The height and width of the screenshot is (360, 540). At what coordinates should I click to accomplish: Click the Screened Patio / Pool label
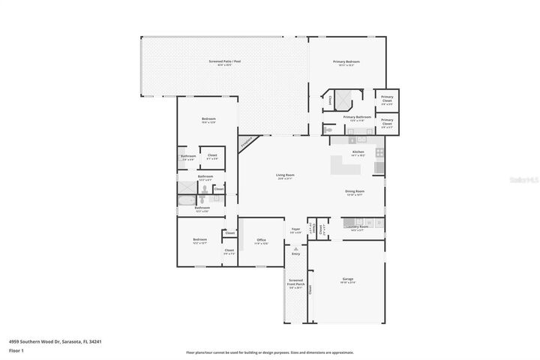point(224,61)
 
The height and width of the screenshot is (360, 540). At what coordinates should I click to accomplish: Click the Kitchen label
point(358,152)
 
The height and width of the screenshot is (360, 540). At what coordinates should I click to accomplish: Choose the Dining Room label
point(354,192)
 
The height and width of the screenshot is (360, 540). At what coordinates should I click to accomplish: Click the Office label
point(261,241)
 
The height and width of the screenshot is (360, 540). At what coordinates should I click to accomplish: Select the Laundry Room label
point(358,227)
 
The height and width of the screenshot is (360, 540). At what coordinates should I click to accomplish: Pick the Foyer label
point(295,230)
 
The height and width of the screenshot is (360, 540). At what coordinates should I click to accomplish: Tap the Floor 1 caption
point(16,350)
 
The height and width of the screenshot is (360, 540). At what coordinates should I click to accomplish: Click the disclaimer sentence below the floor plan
point(270,352)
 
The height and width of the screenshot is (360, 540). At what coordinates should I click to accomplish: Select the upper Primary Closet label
point(387,98)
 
